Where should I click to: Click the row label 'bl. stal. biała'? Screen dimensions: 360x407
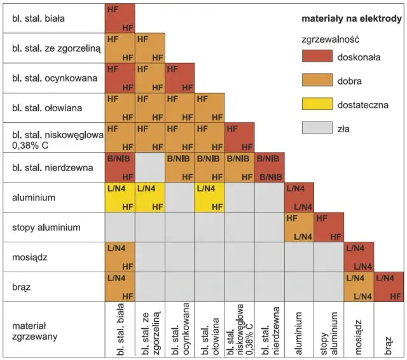pos(38,18)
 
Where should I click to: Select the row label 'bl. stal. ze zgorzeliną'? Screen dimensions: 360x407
pos(51,48)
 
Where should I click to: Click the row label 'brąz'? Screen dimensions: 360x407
pos(22,287)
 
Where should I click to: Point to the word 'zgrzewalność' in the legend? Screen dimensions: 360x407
pos(331,39)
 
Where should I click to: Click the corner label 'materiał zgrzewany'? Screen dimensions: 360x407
pos(37,327)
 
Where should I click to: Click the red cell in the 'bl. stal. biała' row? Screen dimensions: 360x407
pos(120,18)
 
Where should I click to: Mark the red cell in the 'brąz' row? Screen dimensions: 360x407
pos(389,287)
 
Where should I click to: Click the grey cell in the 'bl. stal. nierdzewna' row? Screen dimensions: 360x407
pos(149,168)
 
